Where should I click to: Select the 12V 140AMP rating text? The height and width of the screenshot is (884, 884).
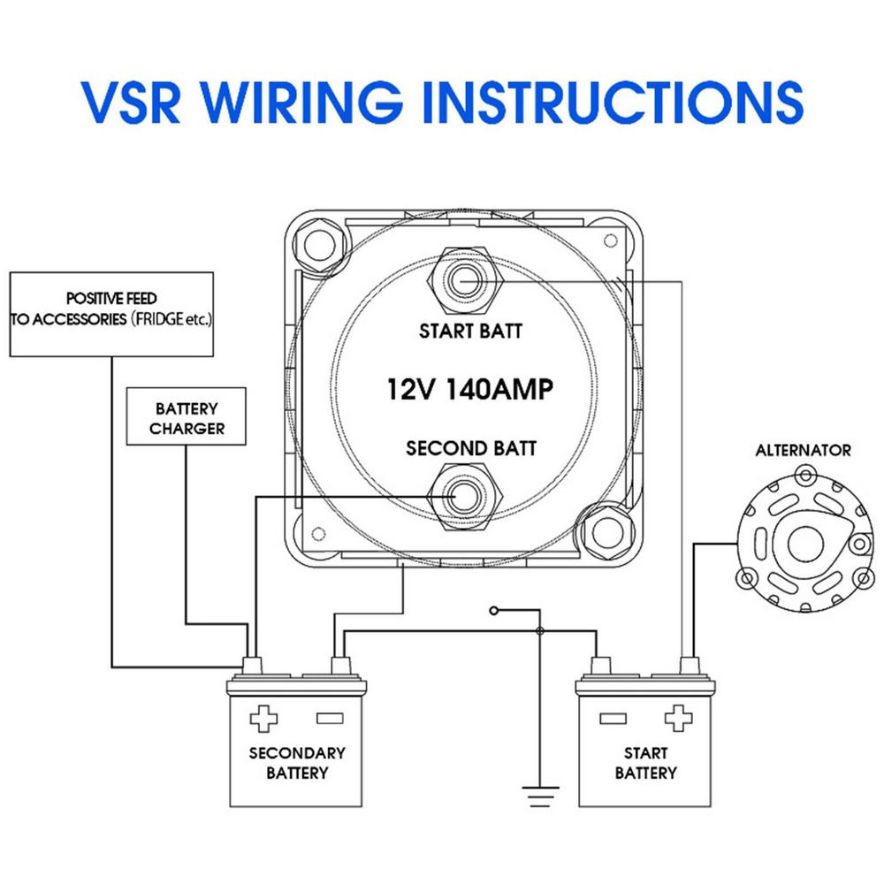tap(463, 389)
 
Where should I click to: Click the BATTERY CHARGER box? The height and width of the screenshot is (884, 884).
tap(187, 419)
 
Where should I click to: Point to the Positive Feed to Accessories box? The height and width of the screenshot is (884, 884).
tap(112, 313)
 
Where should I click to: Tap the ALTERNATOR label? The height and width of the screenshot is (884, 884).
tap(803, 450)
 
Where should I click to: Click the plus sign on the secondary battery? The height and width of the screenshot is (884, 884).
tap(263, 717)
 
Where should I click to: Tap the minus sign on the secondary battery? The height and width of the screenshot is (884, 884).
tap(330, 717)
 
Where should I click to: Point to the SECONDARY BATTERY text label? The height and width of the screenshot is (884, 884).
tap(296, 764)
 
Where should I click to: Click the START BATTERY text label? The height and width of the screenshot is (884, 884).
tap(645, 764)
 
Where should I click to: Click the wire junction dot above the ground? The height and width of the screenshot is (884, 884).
tap(540, 631)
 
